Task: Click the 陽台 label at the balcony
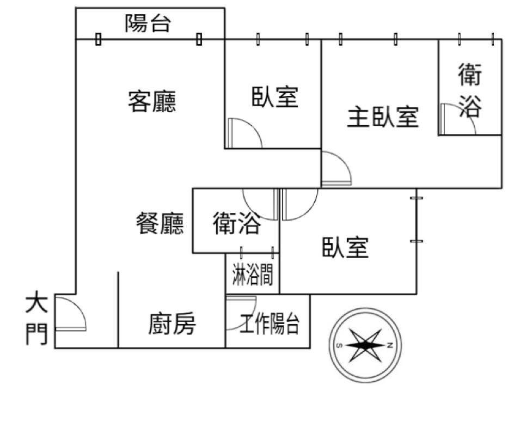coord(148,23)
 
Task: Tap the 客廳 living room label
coord(152,101)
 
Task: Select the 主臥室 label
coord(383,117)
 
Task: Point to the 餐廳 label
coord(160,224)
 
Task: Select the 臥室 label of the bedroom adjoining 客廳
coord(274,97)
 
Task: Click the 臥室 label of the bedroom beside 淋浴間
coord(345,248)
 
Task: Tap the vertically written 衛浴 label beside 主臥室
coord(469,90)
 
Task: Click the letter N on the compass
coord(390,345)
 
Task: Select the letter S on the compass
coord(339,345)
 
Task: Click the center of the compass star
coord(364,345)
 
